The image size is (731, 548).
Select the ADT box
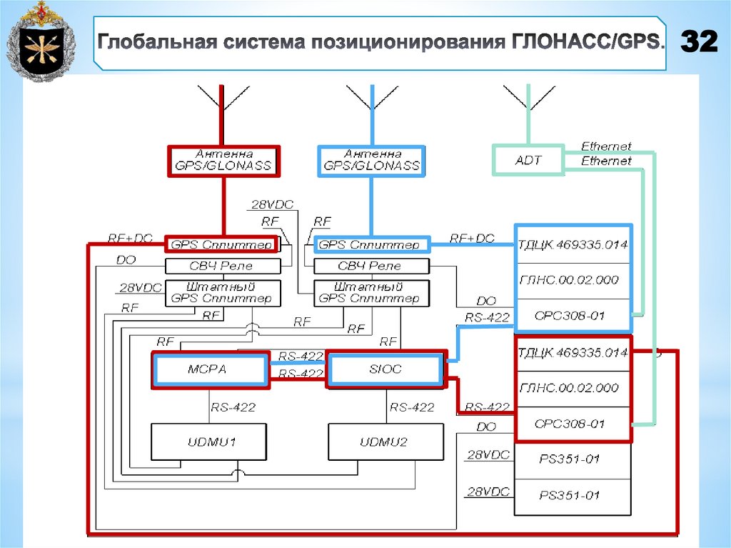point(528,160)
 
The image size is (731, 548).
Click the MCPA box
point(211,369)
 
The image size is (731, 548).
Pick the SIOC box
point(386,369)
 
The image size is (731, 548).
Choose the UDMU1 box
point(209,442)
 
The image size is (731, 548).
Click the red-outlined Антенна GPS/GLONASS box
point(223,160)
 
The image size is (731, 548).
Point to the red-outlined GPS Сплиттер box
point(221,245)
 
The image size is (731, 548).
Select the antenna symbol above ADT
point(528,96)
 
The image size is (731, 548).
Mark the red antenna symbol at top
point(223,97)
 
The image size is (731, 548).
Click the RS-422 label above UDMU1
point(233,407)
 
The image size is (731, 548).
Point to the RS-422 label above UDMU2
point(412,407)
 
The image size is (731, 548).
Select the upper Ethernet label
point(606,146)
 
